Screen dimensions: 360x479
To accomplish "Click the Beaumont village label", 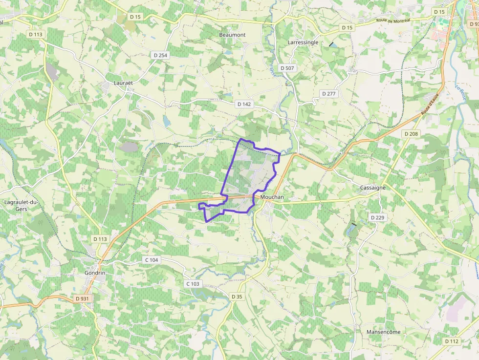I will (x=232, y=35).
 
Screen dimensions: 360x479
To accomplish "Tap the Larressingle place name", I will (x=303, y=42).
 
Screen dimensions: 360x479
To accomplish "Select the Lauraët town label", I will (x=123, y=83).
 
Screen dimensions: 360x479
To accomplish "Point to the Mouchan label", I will (x=272, y=197).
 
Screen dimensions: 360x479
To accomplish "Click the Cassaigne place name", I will (x=373, y=188).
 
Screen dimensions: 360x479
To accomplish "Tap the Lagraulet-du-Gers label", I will (x=21, y=205).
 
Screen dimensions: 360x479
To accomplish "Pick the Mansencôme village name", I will (x=383, y=332).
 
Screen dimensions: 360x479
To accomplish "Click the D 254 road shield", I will (x=159, y=55).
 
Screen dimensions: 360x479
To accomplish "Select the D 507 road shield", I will (x=287, y=68).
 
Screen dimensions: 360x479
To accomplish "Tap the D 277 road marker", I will (x=329, y=93).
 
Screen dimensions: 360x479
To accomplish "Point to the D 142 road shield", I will (x=243, y=104).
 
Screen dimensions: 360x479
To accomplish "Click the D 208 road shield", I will (x=411, y=133).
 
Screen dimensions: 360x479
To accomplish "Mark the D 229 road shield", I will (x=377, y=217).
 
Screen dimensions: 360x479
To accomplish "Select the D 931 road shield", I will (x=83, y=298).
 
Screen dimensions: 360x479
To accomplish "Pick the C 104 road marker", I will (x=152, y=260).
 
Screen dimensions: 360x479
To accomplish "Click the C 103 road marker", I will (x=193, y=284).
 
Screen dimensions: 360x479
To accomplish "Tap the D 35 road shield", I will (x=237, y=296).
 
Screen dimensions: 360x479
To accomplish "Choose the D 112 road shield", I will (x=452, y=341).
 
